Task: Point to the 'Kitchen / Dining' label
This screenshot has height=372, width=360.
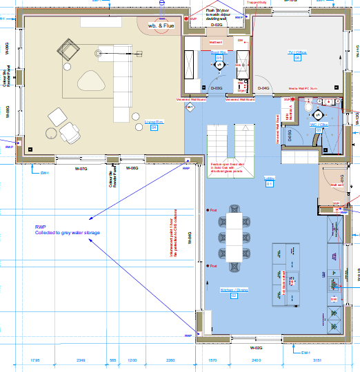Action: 233,290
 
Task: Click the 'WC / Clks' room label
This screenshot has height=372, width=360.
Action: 319,125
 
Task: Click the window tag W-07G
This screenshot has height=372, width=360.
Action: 81,167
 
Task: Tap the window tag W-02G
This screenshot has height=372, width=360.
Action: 257,348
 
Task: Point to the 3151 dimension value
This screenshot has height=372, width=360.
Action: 317,360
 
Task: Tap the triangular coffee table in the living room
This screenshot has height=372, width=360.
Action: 90,81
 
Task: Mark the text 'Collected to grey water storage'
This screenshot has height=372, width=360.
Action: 68,234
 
